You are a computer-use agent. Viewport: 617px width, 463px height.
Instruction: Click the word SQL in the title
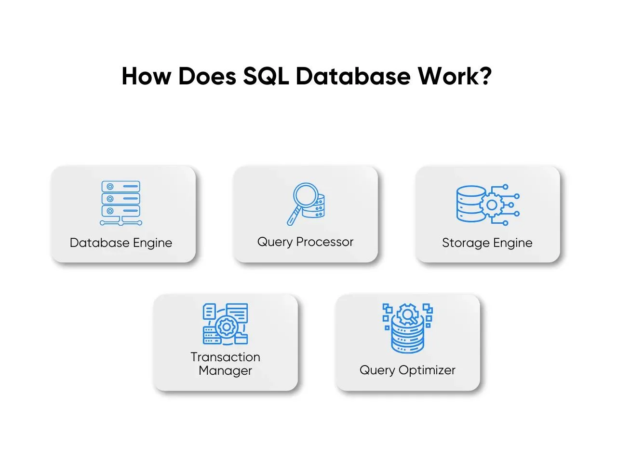point(266,76)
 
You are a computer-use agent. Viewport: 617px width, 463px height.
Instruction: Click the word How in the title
point(146,76)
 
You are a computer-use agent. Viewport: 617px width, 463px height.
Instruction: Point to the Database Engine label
point(121,243)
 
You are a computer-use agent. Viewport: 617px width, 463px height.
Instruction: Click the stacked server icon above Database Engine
point(121,203)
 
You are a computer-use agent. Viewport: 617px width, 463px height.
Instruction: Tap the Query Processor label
point(305,242)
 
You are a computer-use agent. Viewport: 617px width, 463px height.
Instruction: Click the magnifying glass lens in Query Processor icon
point(306,194)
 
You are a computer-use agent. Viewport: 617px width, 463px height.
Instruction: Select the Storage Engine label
point(487,243)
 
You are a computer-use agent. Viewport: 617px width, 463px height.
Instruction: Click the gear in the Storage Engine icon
point(491,204)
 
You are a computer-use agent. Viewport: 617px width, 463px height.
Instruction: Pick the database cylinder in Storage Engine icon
point(470,204)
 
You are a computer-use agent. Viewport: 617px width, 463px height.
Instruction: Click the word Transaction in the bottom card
point(226,357)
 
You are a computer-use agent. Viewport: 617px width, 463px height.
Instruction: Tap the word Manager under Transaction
point(226,370)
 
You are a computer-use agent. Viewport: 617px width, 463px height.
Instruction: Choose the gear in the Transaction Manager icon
point(226,327)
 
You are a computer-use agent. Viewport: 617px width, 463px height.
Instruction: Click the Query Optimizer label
point(407,370)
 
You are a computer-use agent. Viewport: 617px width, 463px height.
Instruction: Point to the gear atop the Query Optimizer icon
point(408,314)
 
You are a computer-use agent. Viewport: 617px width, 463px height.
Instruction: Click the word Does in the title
point(207,76)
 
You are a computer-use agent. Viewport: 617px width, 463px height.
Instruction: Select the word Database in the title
point(353,76)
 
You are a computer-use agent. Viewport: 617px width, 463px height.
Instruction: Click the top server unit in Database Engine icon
point(121,186)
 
